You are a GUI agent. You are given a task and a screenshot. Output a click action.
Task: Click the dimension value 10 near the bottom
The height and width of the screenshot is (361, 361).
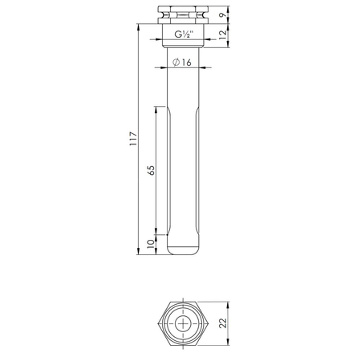coord(150,244)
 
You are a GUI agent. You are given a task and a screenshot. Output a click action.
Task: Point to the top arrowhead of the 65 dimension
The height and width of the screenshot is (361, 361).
coord(156,107)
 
